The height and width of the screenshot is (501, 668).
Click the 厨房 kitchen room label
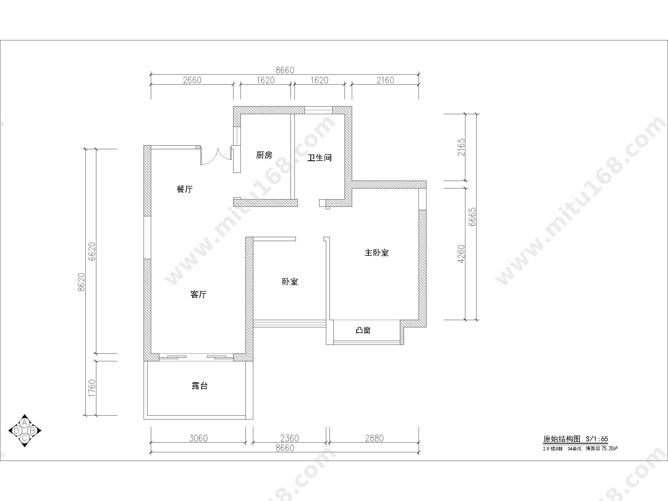tap(264, 155)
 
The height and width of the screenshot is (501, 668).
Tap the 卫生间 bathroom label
tap(320, 158)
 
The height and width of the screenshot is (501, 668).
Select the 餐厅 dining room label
tap(185, 189)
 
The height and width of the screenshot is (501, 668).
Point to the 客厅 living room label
tap(198, 294)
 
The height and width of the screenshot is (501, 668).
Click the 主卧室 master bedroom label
tap(377, 252)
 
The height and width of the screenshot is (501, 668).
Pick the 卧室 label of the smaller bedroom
tap(290, 281)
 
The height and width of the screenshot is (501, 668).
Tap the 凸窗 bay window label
tap(363, 330)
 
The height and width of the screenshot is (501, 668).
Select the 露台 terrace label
tap(200, 386)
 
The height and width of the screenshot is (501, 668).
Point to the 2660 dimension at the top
tap(192, 80)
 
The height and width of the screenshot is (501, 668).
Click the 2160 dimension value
tap(385, 80)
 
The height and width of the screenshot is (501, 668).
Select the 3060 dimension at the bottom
tap(198, 438)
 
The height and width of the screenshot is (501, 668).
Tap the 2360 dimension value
tap(289, 438)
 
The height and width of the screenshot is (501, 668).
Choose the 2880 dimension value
tap(374, 438)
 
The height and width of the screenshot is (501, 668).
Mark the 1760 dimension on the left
tap(92, 388)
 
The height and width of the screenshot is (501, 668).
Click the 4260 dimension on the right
tap(461, 254)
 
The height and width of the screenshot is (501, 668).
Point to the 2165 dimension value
tap(461, 147)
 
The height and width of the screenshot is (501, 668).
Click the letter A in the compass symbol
tap(25, 423)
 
